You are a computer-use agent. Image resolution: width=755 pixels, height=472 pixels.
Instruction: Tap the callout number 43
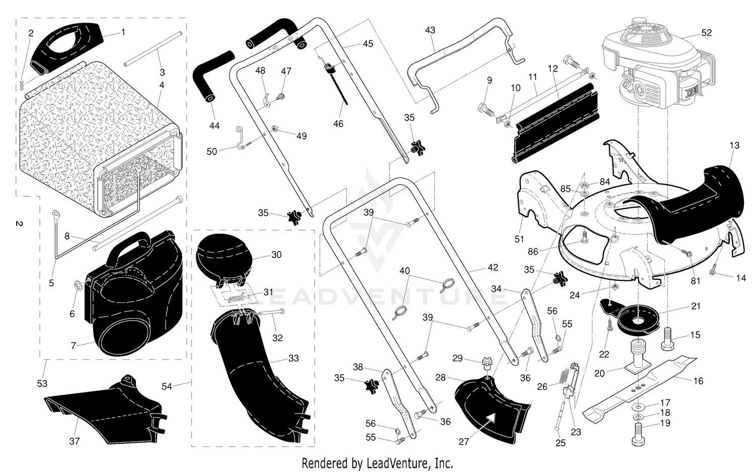pyautogui.click(x=430, y=30)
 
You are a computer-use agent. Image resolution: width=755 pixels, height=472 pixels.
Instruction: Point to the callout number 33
pyautogui.click(x=293, y=358)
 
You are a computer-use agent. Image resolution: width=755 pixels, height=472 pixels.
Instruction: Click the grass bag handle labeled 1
pyautogui.click(x=67, y=47)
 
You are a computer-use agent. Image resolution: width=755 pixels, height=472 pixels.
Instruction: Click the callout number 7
pyautogui.click(x=73, y=346)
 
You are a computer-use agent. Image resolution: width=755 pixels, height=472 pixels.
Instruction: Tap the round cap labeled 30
pyautogui.click(x=223, y=258)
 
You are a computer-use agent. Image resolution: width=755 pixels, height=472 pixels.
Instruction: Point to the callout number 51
pyautogui.click(x=519, y=239)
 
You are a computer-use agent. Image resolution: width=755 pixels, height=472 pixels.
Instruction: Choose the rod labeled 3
pyautogui.click(x=154, y=49)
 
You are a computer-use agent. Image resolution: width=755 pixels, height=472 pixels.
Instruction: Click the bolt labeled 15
pyautogui.click(x=668, y=339)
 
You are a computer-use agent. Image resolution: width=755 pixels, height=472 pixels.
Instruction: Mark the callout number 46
pyautogui.click(x=338, y=124)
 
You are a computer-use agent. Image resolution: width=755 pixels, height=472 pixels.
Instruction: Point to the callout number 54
pyautogui.click(x=167, y=386)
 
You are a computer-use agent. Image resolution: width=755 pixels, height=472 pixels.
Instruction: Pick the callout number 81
pyautogui.click(x=695, y=281)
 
